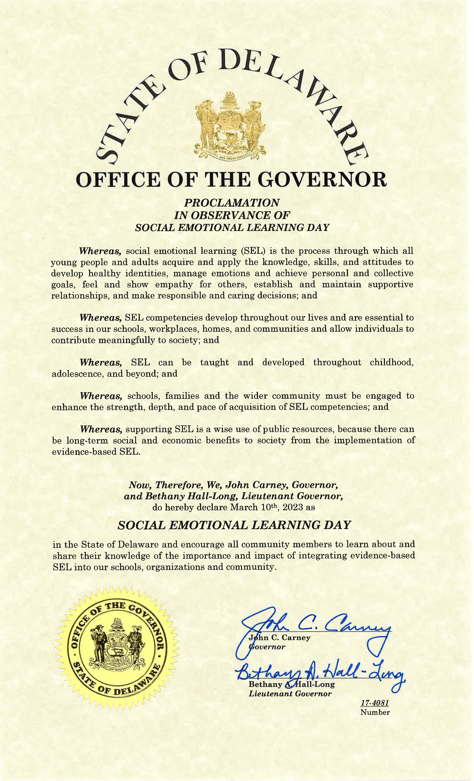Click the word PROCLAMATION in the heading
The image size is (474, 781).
coord(232,203)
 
